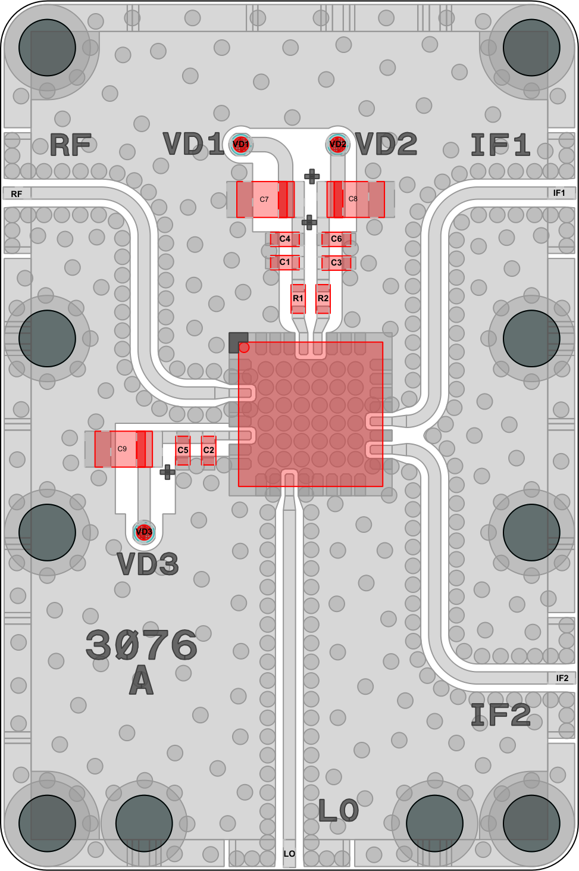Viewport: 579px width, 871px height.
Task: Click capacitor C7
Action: point(265,199)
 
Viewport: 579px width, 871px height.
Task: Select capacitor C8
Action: point(356,199)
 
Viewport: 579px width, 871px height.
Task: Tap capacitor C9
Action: point(124,449)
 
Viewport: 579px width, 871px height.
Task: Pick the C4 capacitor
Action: point(285,239)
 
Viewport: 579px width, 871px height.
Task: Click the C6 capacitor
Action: point(336,239)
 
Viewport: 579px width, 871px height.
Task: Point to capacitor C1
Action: point(285,263)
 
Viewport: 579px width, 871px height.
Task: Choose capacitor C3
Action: point(336,263)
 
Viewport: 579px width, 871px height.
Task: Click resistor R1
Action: point(298,299)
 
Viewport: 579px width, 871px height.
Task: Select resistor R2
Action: point(323,299)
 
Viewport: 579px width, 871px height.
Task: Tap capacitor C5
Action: point(183,450)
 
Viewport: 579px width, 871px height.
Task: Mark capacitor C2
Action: point(208,450)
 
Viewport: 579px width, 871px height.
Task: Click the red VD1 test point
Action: point(241,144)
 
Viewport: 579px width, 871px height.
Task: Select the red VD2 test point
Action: point(337,144)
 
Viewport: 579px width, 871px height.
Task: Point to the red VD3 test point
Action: point(144,532)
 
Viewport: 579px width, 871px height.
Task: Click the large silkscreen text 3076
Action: point(142,645)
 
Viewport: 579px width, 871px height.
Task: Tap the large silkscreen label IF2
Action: point(500,714)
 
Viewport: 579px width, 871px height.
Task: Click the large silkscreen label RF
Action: point(71,145)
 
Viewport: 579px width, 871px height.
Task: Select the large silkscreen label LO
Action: point(338,810)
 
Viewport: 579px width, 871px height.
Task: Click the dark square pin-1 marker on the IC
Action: point(238,342)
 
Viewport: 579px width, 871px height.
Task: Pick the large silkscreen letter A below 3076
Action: point(142,680)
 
